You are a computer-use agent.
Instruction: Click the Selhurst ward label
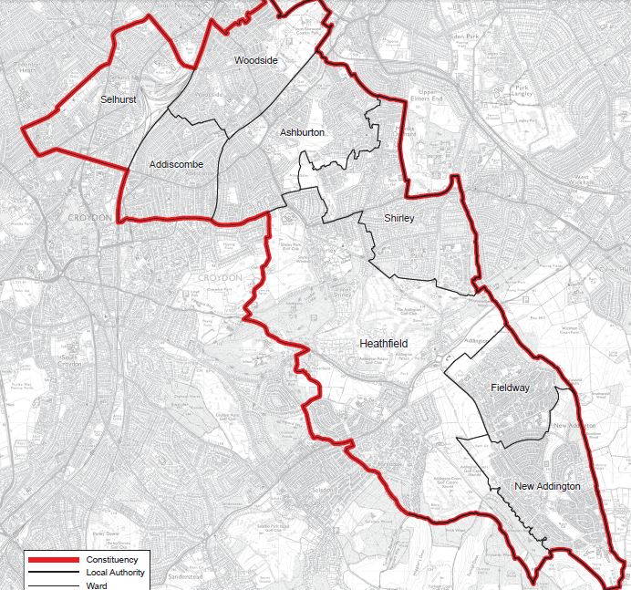(119, 99)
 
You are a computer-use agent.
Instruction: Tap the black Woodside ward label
(255, 60)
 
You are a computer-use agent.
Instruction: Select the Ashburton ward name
(302, 133)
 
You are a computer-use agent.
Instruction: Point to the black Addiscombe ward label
(176, 165)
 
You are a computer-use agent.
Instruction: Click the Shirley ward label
(399, 219)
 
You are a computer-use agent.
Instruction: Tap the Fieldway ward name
(509, 388)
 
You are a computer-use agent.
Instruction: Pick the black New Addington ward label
(546, 487)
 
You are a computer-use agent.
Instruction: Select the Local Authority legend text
(116, 572)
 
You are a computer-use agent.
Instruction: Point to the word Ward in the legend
(97, 585)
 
